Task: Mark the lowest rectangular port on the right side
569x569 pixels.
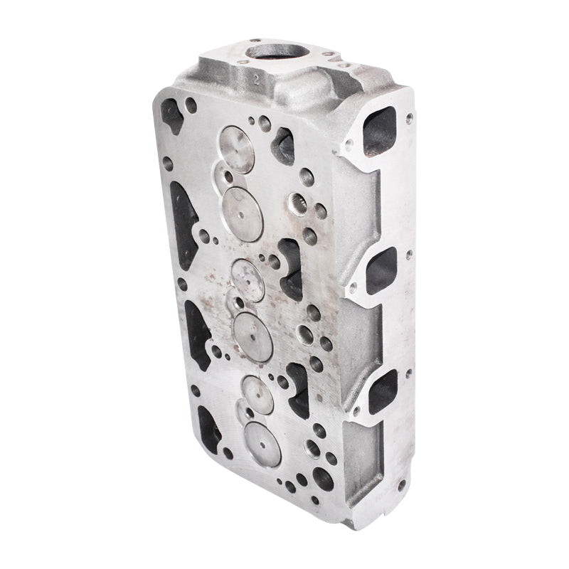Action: (x=383, y=390)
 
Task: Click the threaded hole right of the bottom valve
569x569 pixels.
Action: (x=311, y=450)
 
